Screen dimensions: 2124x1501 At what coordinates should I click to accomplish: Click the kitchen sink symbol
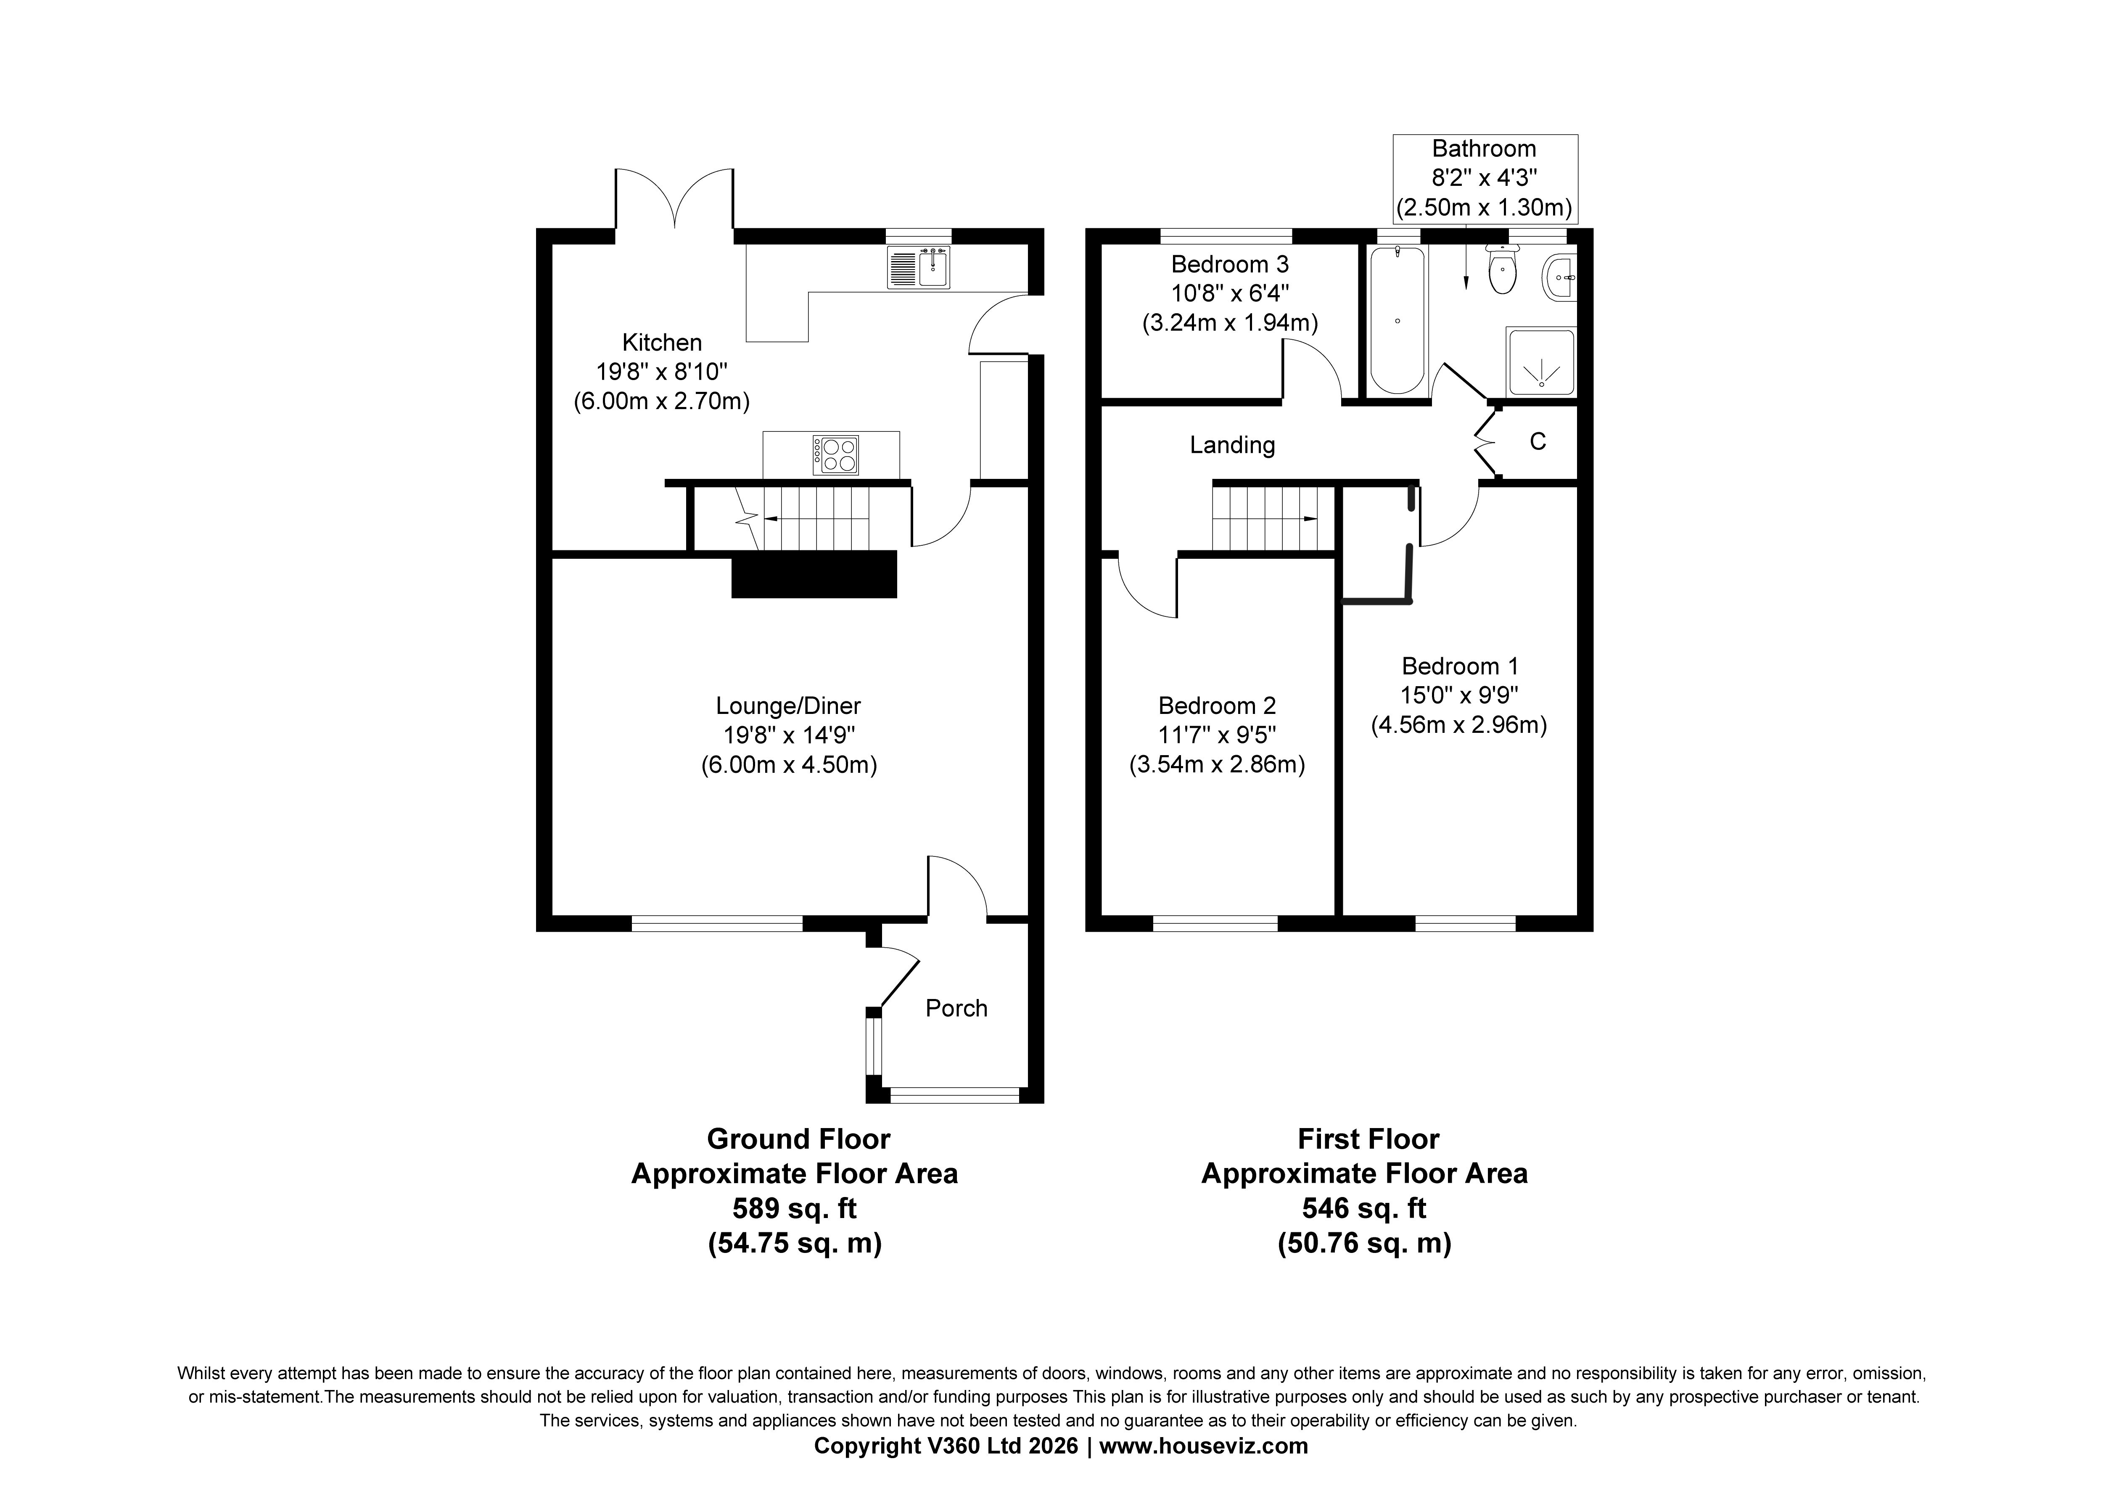919,267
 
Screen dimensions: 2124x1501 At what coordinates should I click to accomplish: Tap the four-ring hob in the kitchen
835,455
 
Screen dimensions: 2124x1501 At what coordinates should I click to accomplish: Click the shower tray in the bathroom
1541,362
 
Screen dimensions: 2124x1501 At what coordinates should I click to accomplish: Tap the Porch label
956,1008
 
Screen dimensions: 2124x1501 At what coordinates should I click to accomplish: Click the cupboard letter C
1538,441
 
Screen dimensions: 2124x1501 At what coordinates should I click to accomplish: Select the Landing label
1232,445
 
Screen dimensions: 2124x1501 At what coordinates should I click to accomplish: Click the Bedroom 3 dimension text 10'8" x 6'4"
1230,293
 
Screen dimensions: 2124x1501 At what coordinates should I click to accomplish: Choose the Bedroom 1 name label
1460,666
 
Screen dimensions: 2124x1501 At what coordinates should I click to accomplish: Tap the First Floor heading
1368,1138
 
